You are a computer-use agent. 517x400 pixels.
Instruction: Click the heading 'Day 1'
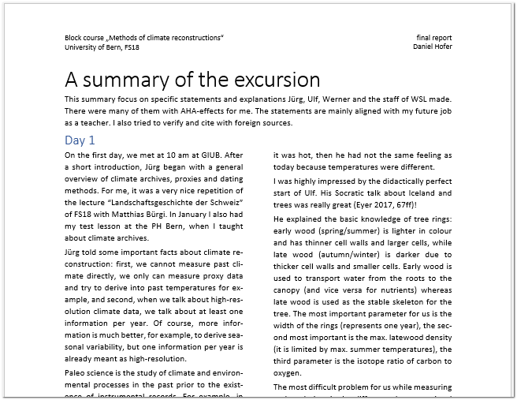[x=80, y=140]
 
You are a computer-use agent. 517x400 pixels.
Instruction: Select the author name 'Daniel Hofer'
[x=432, y=47]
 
